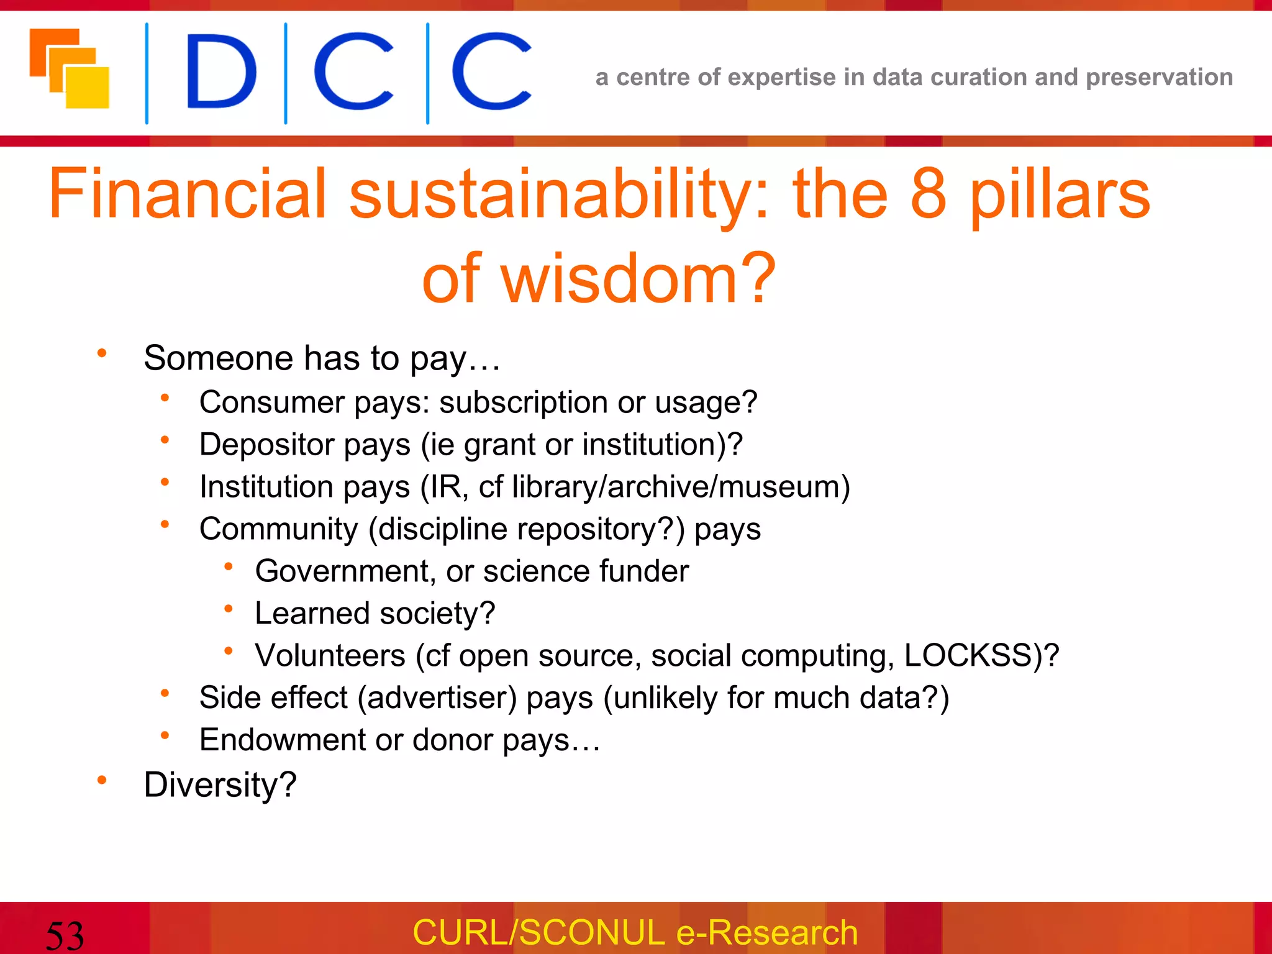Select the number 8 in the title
(929, 194)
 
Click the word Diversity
(220, 784)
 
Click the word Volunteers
(330, 655)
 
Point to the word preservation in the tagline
(1159, 77)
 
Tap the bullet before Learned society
(229, 609)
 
